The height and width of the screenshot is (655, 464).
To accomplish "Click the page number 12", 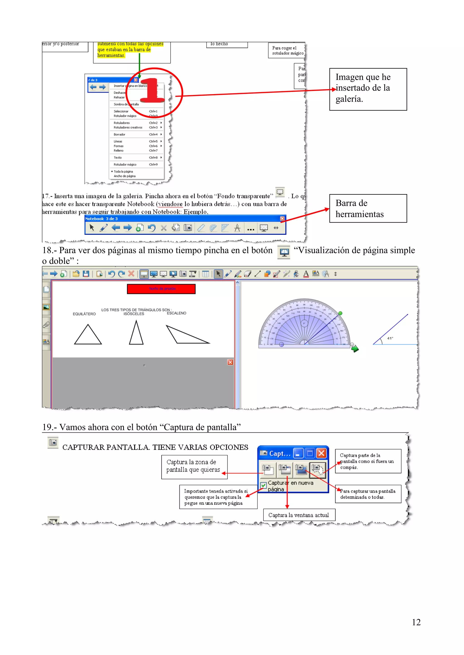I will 416,622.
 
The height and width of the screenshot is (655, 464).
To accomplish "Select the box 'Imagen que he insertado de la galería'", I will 368,89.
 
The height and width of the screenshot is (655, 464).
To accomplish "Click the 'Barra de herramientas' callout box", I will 368,209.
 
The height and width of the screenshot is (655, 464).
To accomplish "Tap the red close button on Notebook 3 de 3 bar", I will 282,218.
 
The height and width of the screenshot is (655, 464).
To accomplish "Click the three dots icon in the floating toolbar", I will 251,228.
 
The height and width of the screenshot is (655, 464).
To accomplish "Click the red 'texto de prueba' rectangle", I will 161,289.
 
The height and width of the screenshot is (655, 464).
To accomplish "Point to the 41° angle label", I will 390,338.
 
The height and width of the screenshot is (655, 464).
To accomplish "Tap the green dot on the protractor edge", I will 340,313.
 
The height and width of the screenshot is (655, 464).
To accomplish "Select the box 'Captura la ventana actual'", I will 299,515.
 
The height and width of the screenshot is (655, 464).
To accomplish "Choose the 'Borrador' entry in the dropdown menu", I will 119,134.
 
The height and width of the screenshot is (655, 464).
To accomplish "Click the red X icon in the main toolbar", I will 131,274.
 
